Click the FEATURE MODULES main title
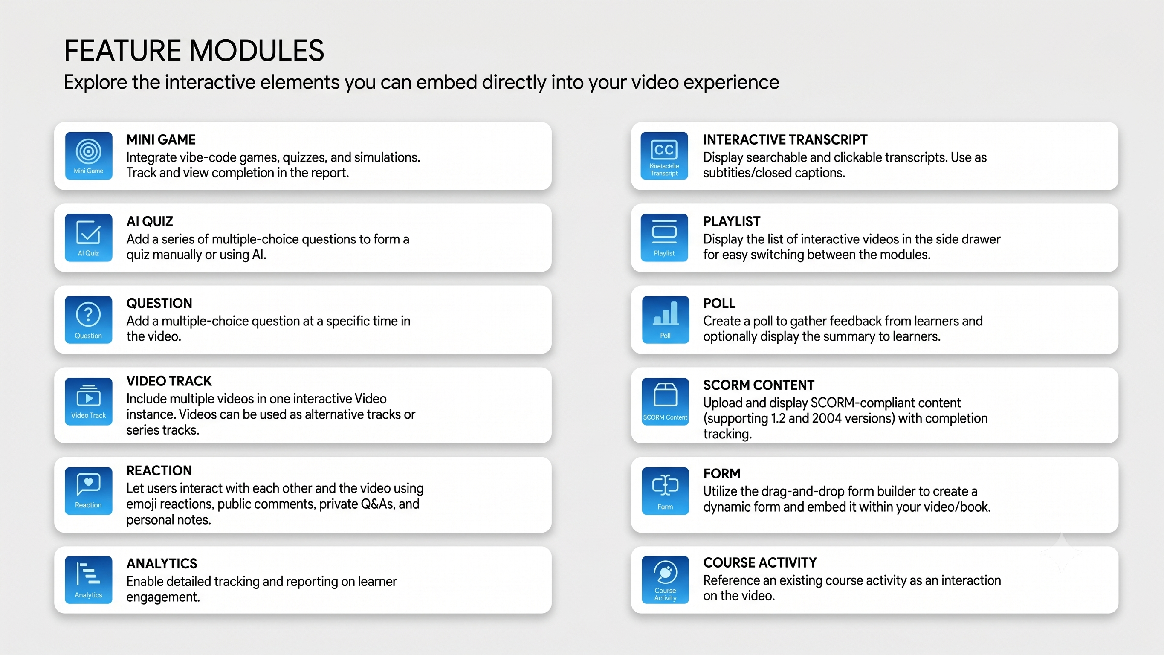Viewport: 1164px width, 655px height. tap(194, 50)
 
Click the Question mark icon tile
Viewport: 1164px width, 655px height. tap(89, 319)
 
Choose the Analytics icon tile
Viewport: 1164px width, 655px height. tap(89, 580)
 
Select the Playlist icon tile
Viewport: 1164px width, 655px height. tap(664, 238)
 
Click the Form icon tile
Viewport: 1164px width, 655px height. tap(666, 490)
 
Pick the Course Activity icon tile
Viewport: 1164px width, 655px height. tap(666, 580)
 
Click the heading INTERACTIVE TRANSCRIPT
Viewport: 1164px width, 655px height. tap(785, 140)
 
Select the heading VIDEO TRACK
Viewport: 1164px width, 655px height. tap(169, 381)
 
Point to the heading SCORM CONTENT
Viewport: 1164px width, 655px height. tap(759, 385)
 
